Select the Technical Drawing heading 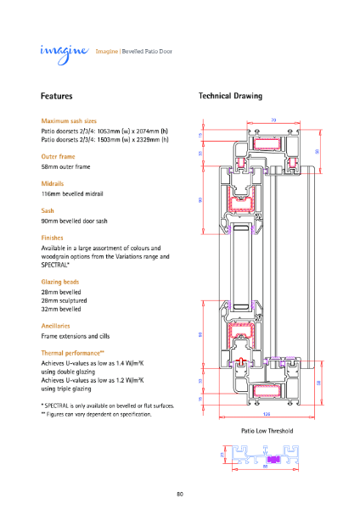[230, 97]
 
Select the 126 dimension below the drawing [266, 414]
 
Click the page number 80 [180, 494]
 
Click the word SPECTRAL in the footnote [61, 406]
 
